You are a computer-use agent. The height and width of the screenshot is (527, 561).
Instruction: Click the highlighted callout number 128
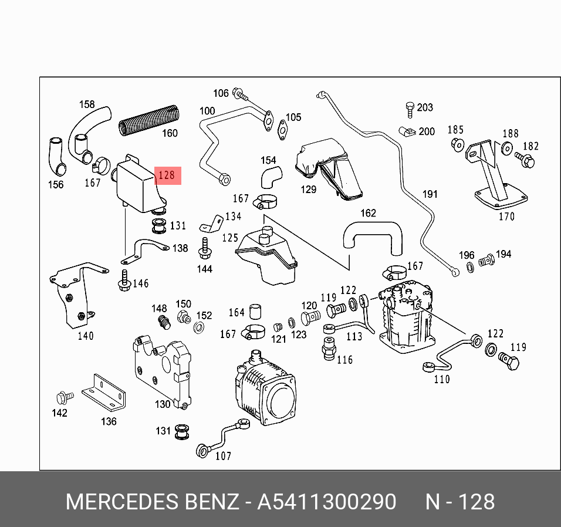[x=167, y=175]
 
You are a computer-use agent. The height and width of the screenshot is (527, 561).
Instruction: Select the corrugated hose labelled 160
[x=148, y=119]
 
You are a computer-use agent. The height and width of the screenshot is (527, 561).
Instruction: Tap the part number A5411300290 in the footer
[x=327, y=502]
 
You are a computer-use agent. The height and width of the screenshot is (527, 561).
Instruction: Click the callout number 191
[x=430, y=194]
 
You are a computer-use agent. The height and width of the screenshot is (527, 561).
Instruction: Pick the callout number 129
[x=308, y=189]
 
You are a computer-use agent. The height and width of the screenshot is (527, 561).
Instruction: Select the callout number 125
[x=230, y=238]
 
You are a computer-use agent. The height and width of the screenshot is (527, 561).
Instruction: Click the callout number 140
[x=86, y=336]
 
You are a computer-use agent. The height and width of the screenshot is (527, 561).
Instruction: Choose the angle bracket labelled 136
[x=104, y=392]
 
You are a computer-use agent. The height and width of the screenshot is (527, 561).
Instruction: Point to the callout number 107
[x=223, y=455]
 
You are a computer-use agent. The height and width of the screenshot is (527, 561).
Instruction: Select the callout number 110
[x=441, y=379]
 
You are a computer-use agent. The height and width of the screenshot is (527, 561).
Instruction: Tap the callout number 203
[x=425, y=107]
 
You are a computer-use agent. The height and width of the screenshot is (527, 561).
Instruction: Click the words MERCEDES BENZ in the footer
[x=152, y=502]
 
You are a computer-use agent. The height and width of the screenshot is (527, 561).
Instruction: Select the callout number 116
[x=344, y=359]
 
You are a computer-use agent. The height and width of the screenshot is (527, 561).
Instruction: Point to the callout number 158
[x=87, y=104]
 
